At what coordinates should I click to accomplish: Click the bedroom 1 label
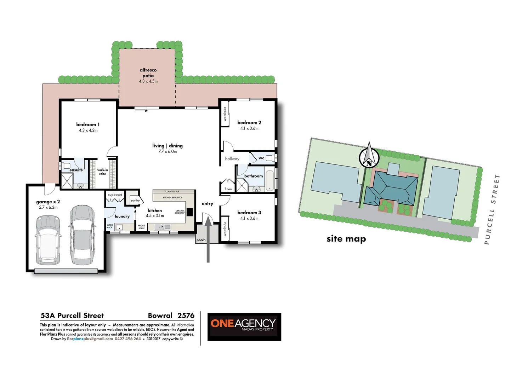pos(88,125)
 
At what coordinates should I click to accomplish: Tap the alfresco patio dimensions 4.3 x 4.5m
pos(148,81)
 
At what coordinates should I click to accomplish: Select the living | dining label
pos(168,146)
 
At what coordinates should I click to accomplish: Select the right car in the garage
pos(82,235)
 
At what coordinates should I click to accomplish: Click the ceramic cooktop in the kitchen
pos(189,212)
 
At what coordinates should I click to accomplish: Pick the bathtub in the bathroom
pos(270,181)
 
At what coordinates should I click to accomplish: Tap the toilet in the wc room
pos(271,158)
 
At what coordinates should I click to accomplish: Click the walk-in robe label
pos(103,172)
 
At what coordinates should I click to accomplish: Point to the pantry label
pos(135,201)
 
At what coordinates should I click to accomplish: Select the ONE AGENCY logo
pos(244,326)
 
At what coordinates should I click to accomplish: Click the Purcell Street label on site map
pos(492,209)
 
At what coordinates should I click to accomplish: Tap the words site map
pos(346,239)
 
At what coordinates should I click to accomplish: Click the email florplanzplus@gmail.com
pos(90,339)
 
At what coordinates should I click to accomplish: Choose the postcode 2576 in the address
pos(186,316)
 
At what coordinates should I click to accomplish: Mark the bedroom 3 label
pos(249,213)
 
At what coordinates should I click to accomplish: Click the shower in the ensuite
pos(67,181)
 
